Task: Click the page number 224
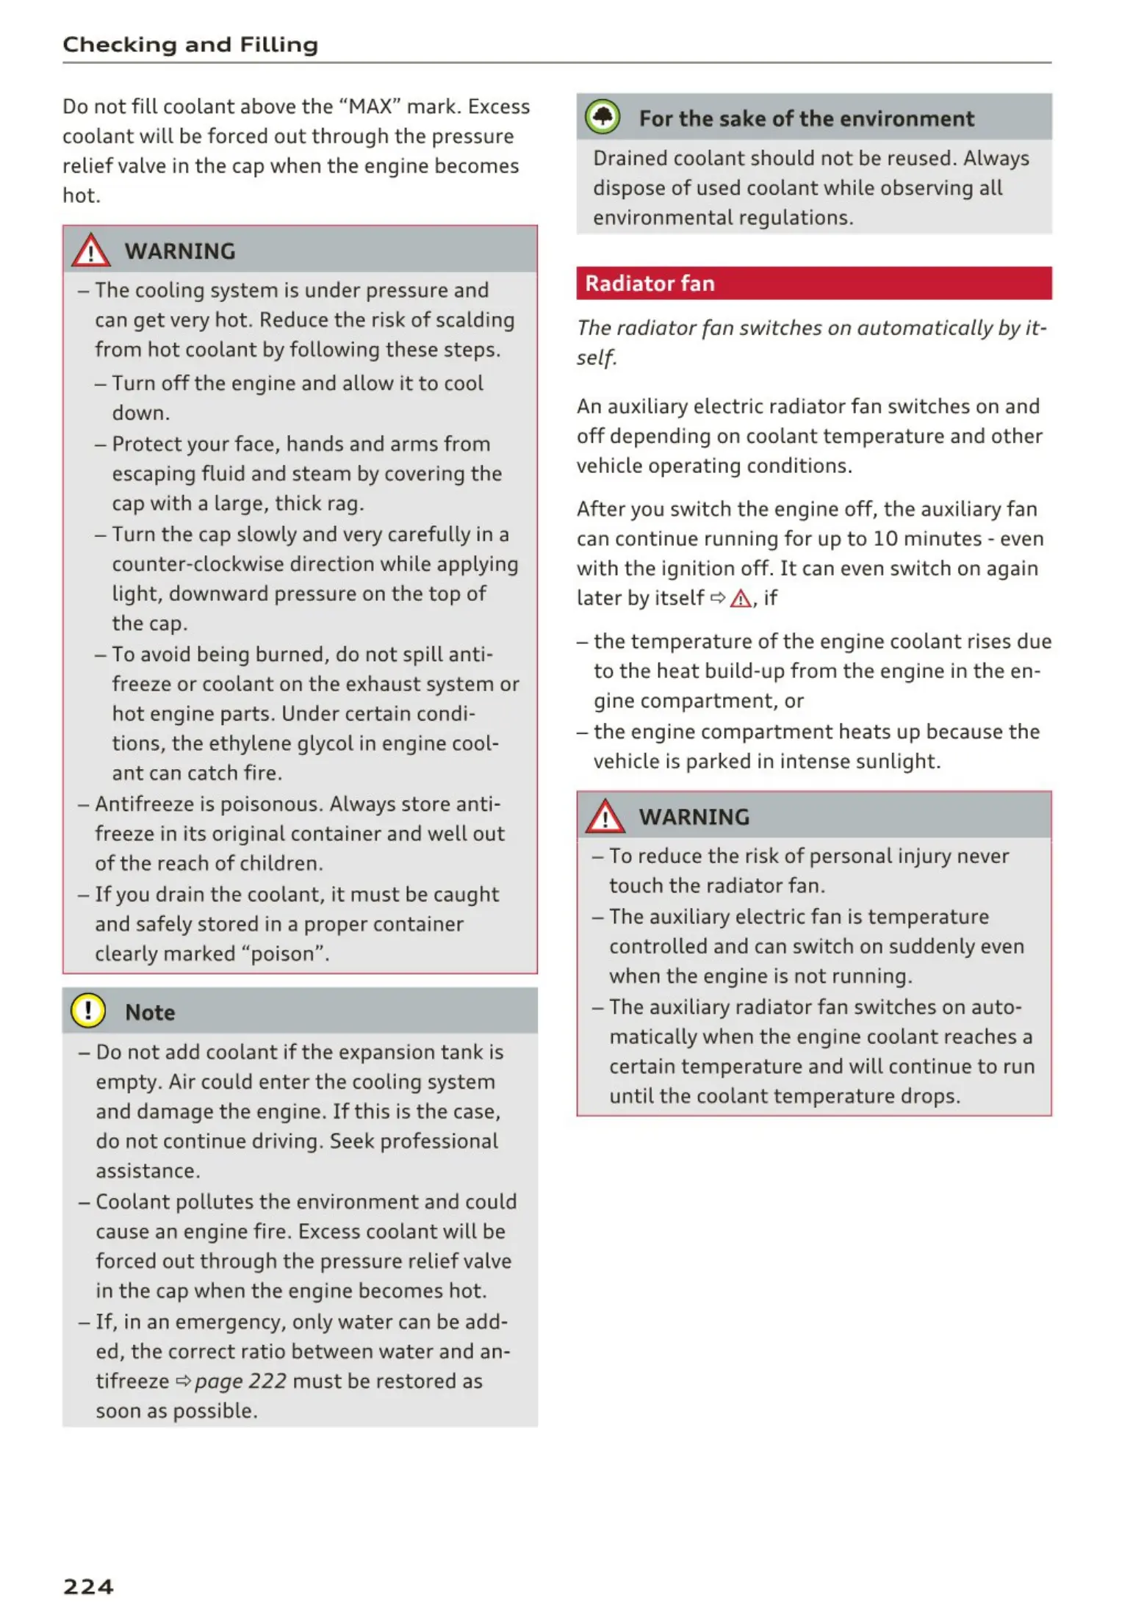click(x=88, y=1586)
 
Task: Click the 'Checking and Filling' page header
click(x=190, y=45)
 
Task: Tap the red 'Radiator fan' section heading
click(x=650, y=284)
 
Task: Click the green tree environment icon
click(x=602, y=117)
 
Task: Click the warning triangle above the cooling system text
click(x=90, y=250)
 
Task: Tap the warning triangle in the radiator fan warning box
click(x=605, y=816)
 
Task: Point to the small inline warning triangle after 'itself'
click(x=741, y=599)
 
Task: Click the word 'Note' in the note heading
click(x=150, y=1012)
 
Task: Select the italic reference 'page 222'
click(x=240, y=1381)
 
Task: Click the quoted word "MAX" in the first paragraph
click(x=370, y=107)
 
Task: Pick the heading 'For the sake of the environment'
click(x=806, y=118)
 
